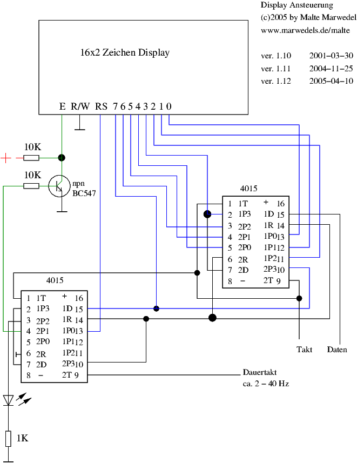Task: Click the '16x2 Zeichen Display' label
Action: [125, 53]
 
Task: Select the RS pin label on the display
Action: [101, 106]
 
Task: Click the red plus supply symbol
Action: [6, 158]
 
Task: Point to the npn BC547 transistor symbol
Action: [57, 186]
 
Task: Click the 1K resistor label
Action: [22, 438]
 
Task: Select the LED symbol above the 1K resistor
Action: [9, 400]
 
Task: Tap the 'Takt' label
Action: [305, 350]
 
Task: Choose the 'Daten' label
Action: [337, 350]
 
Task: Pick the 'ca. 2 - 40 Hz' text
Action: [267, 384]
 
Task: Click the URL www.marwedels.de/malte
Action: [305, 30]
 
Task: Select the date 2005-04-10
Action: [331, 82]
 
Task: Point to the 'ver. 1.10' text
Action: [275, 56]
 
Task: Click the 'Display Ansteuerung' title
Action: [296, 5]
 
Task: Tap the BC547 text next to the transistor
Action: [84, 192]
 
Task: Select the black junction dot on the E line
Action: [62, 158]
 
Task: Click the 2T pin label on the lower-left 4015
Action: [68, 375]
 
